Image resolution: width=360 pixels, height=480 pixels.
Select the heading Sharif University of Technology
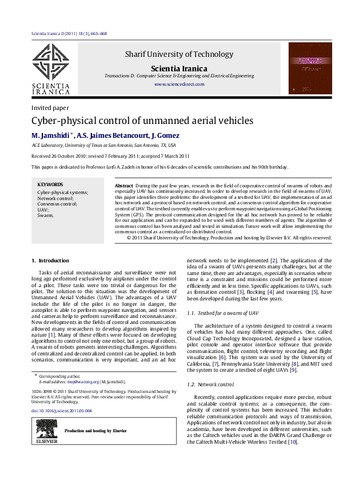[x=174, y=54]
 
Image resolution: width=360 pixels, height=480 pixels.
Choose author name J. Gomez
[x=165, y=135]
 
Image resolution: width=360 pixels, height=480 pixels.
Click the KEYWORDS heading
[x=50, y=184]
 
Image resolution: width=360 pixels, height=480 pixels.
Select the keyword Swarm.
[x=45, y=215]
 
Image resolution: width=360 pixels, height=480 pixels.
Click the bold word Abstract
[x=123, y=184]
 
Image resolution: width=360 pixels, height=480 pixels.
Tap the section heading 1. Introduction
[x=50, y=261]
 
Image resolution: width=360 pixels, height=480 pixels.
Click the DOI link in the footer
[x=61, y=410]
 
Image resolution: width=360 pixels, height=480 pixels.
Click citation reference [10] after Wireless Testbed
[x=292, y=443]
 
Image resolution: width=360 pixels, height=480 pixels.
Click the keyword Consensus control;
[x=57, y=204]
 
